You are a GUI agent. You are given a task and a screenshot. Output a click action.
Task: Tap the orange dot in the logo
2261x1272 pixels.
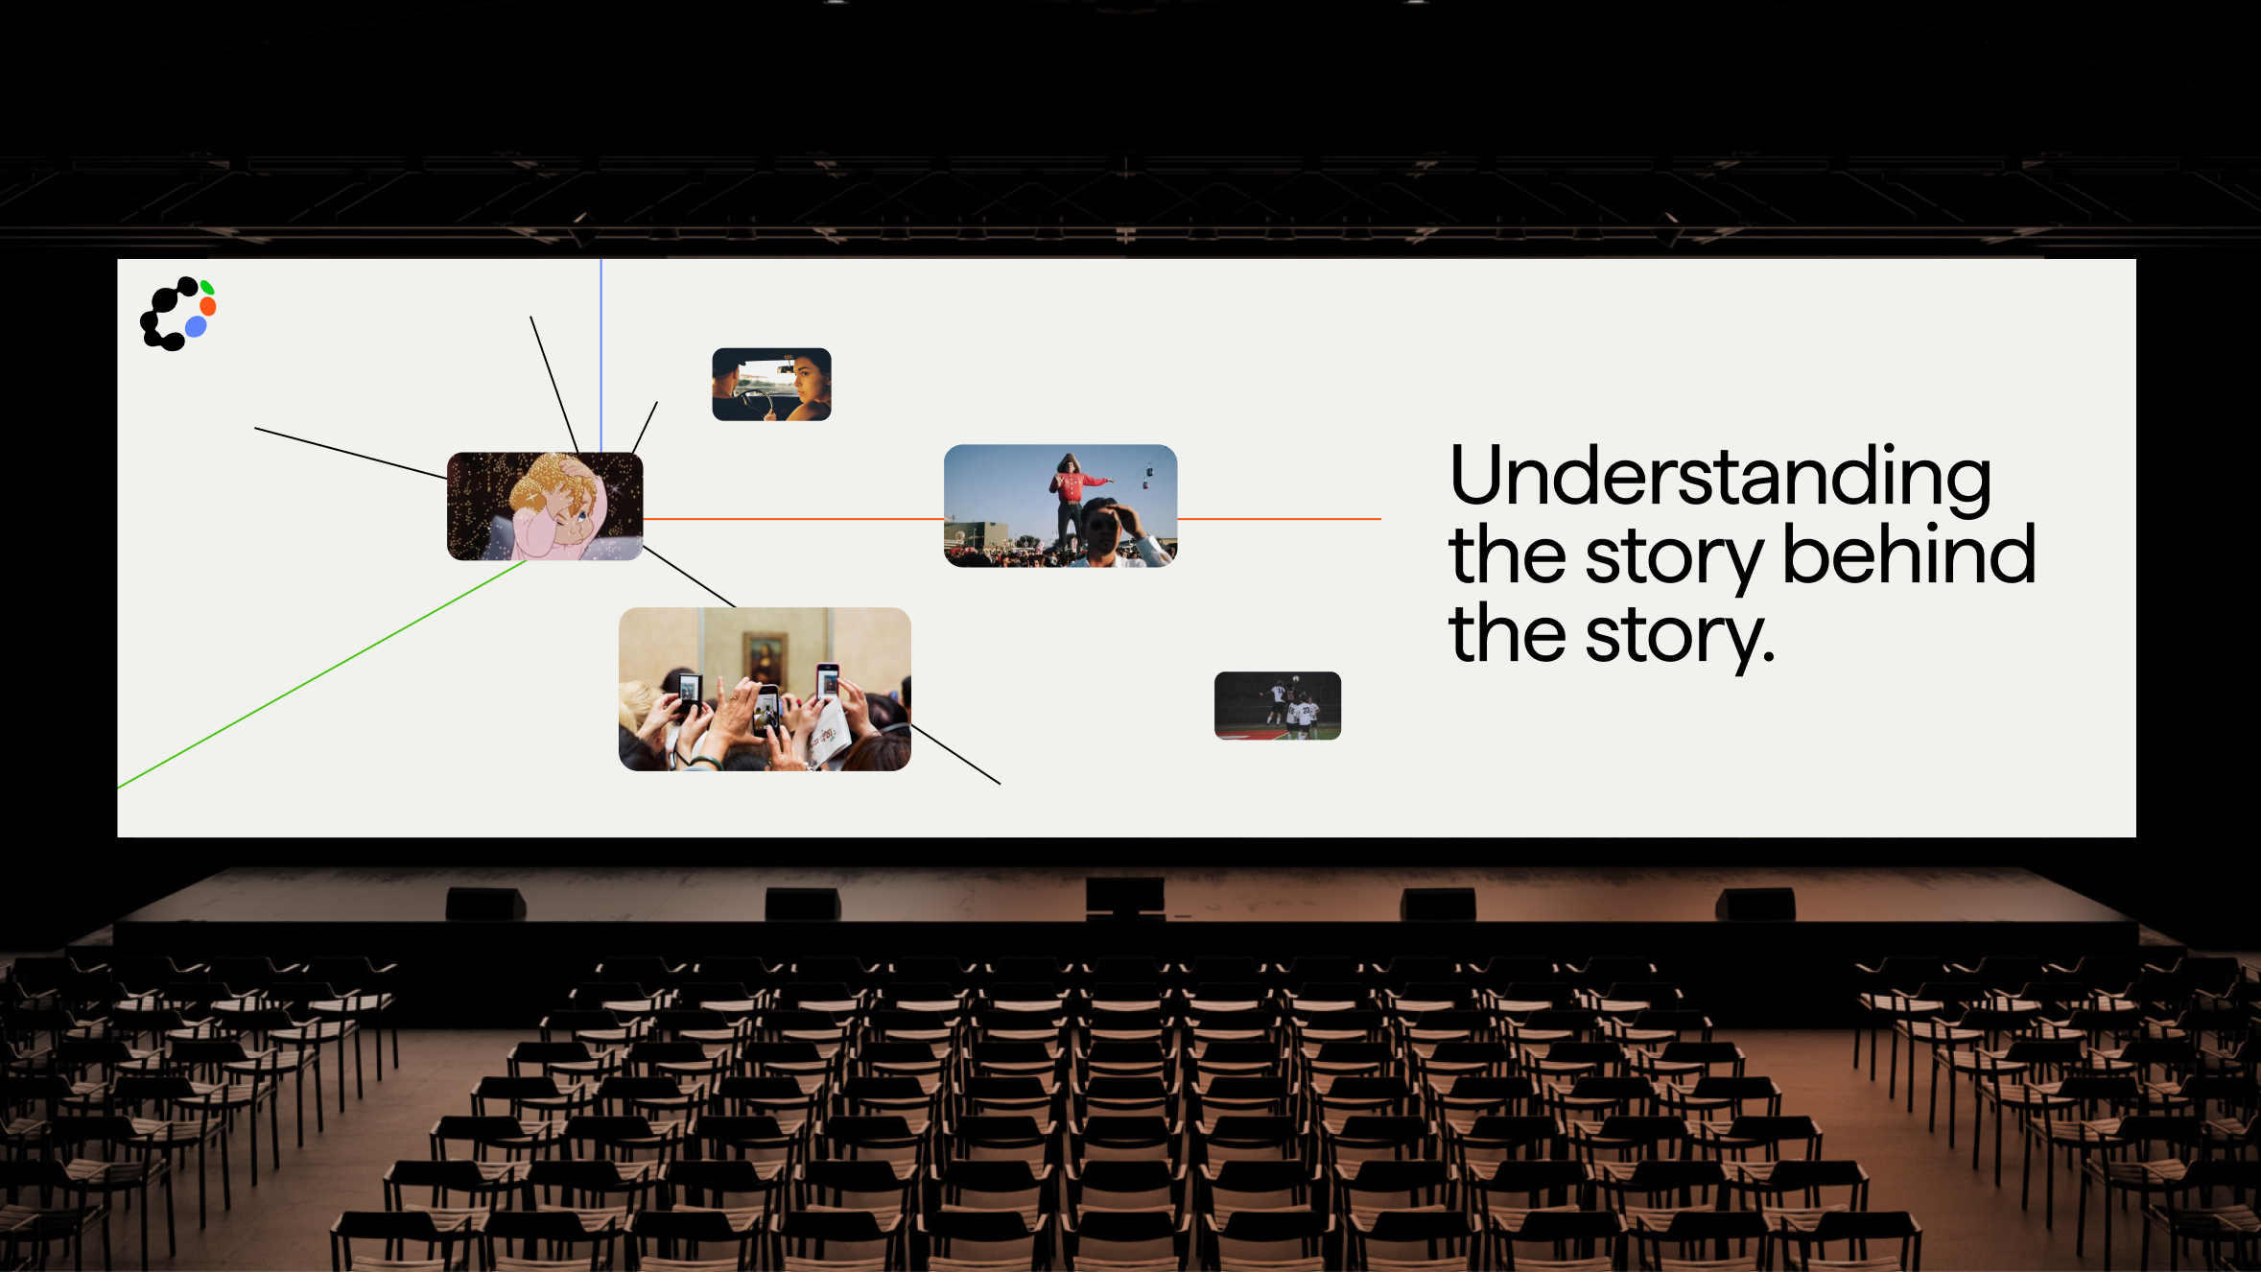[208, 307]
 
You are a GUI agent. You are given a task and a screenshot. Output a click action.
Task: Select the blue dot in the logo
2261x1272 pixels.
[196, 327]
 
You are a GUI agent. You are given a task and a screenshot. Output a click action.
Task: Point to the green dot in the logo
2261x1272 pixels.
[207, 287]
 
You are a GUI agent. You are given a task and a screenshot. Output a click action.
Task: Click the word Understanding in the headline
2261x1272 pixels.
[1720, 478]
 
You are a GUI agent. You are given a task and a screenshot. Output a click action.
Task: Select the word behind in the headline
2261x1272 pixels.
[1909, 554]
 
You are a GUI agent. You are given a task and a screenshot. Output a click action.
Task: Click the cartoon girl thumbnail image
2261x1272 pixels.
[545, 506]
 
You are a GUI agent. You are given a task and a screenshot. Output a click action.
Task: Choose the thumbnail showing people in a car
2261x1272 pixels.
[771, 384]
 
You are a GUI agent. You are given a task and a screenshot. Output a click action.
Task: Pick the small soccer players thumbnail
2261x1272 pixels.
[1278, 706]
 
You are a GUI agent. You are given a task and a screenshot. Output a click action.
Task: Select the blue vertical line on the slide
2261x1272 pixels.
[601, 356]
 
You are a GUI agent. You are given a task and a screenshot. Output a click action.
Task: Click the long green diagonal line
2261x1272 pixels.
[322, 674]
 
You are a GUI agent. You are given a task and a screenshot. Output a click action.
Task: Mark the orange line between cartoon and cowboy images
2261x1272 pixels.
[793, 519]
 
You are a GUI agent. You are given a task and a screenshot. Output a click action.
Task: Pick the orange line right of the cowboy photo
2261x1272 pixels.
[1279, 519]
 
